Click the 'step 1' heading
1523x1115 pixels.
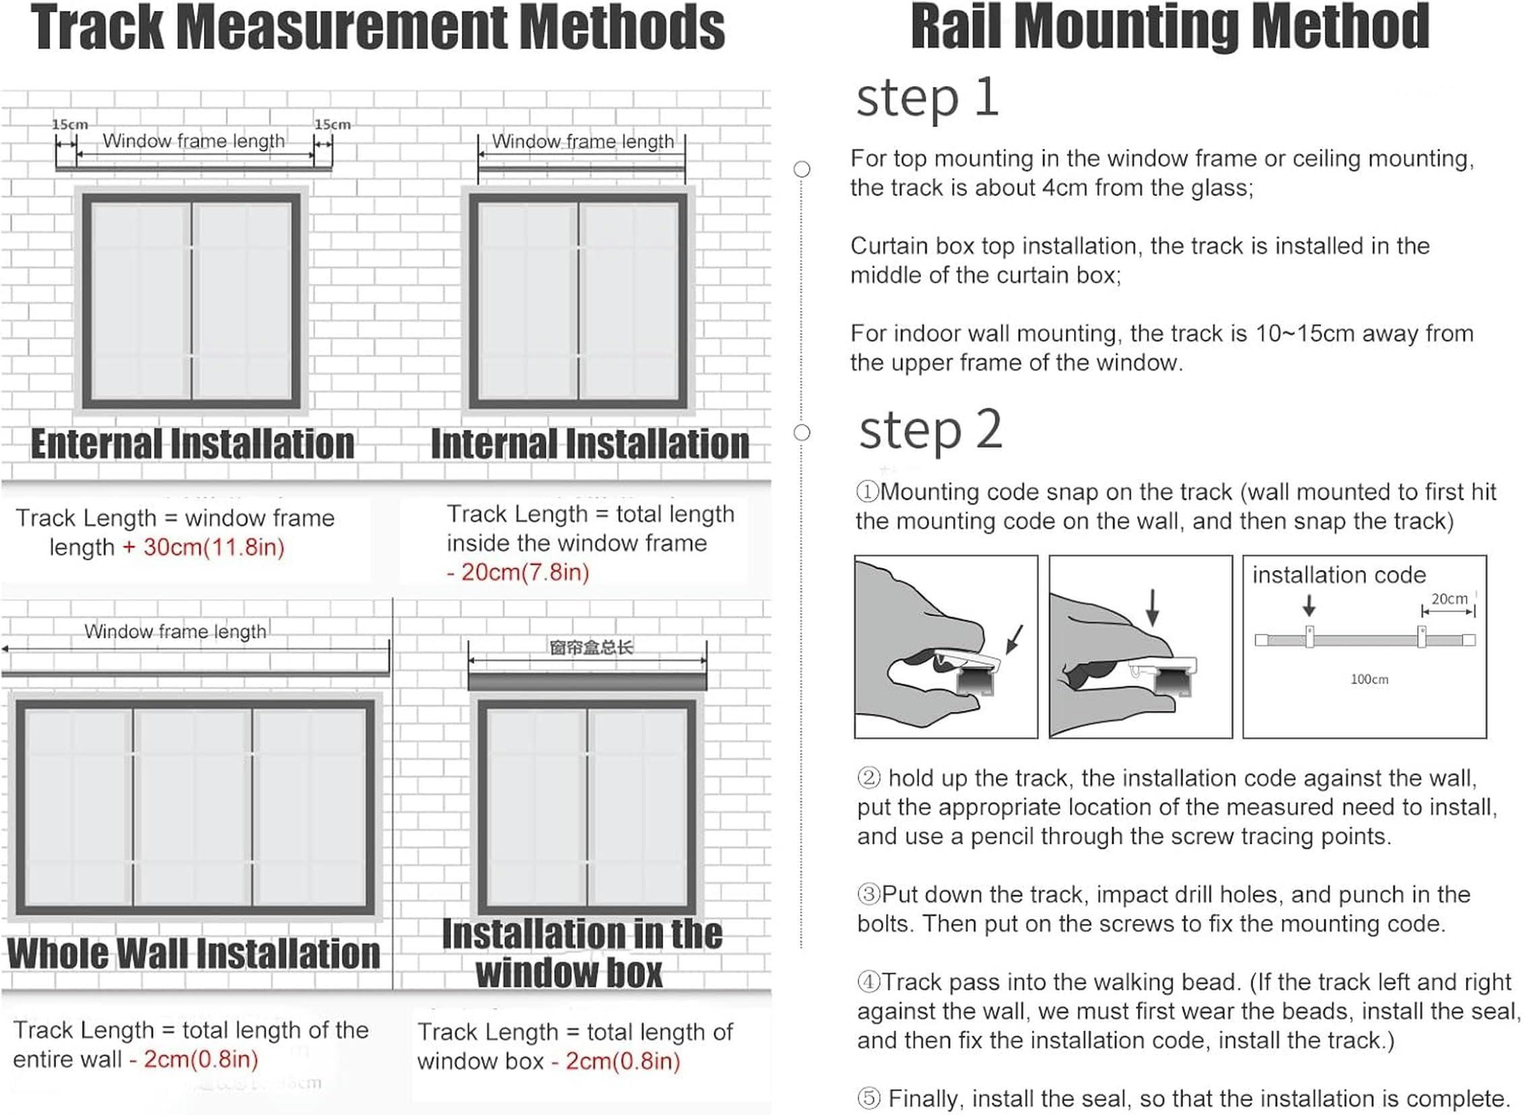coord(926,98)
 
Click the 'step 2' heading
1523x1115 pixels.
coord(930,430)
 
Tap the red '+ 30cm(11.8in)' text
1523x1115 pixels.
coord(203,547)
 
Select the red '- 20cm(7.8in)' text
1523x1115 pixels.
coord(518,573)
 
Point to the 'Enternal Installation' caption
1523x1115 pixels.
coord(193,445)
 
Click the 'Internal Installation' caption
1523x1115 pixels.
coord(590,445)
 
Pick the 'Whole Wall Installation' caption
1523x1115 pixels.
coord(194,954)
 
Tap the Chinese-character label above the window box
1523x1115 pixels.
coord(591,649)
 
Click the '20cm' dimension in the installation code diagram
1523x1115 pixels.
coord(1449,600)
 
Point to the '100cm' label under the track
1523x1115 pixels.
coord(1369,680)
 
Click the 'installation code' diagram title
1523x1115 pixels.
coord(1339,575)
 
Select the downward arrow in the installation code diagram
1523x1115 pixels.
coord(1309,606)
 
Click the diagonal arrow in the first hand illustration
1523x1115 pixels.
coord(1014,639)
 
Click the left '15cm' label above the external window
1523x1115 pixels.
coord(69,125)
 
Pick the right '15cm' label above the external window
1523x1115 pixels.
coord(333,125)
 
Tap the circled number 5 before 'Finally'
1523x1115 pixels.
coord(869,1098)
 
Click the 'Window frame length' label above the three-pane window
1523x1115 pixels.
coord(175,632)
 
